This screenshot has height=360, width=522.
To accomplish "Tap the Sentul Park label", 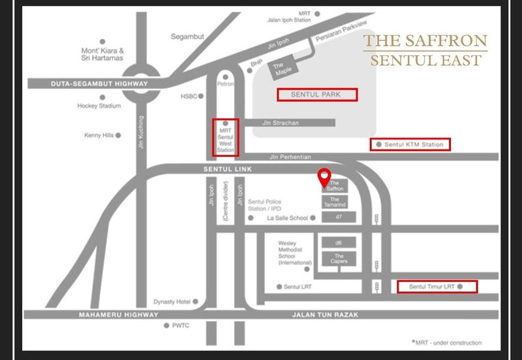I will point(318,95).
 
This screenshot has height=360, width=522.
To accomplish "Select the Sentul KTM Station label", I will point(410,144).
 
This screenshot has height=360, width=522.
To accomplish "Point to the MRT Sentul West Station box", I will point(226,138).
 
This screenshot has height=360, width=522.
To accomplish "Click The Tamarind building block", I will point(335,202).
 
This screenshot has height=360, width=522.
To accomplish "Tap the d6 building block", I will point(339,243).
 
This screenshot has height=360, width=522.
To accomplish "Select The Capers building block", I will point(339,259).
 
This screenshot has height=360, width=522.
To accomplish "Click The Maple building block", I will point(283,67).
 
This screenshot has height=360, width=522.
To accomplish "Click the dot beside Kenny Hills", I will point(119,136).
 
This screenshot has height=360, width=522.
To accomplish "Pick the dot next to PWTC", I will point(166,325).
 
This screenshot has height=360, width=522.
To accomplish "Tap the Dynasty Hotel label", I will point(171,301).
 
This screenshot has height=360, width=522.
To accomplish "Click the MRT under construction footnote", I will point(446,342).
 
